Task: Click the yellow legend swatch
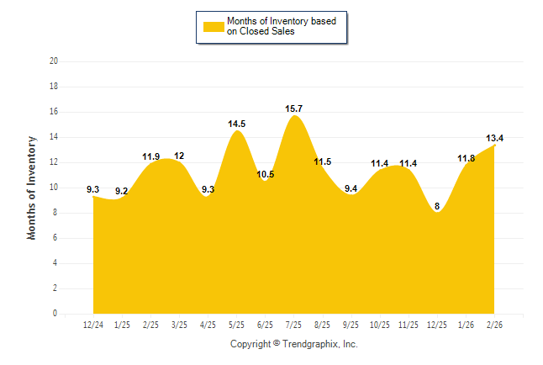click(x=214, y=26)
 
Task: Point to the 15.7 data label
click(x=294, y=109)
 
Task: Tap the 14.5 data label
click(x=237, y=124)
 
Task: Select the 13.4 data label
click(x=494, y=138)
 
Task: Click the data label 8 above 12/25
click(x=437, y=204)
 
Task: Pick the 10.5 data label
click(x=266, y=174)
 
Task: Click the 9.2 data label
click(x=122, y=191)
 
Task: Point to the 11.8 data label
click(x=466, y=158)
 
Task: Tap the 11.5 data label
click(x=323, y=161)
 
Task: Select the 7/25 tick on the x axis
click(x=294, y=324)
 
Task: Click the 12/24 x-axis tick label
click(x=93, y=324)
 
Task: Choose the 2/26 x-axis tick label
click(x=494, y=324)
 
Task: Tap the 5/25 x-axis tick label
click(x=237, y=324)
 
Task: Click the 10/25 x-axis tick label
click(x=380, y=324)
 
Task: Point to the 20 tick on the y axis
click(x=54, y=61)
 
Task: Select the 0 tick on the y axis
click(x=55, y=314)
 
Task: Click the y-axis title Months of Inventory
click(x=32, y=188)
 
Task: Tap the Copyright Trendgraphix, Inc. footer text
click(x=294, y=344)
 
